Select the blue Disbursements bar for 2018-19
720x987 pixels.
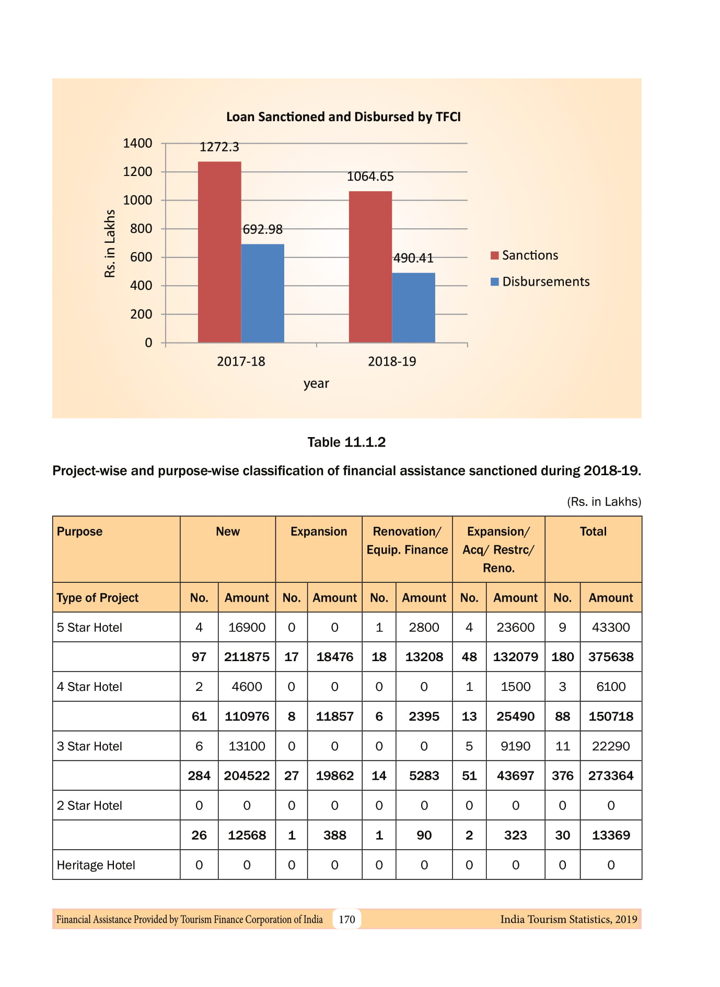(413, 308)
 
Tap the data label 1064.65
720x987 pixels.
(370, 177)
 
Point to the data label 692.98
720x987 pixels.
(263, 229)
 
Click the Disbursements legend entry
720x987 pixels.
(545, 282)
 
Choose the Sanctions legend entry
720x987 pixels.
(529, 255)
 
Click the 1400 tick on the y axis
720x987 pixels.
(137, 143)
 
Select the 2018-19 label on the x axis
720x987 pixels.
(392, 361)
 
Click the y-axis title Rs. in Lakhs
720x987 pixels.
(110, 243)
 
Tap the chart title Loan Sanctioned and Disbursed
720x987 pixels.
(343, 116)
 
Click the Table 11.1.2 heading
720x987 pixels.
(346, 442)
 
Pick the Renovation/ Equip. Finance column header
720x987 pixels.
(407, 540)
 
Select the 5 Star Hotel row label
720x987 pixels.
(89, 627)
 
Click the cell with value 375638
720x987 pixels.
(611, 657)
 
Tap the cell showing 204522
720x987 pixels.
(247, 775)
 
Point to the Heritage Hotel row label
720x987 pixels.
(96, 865)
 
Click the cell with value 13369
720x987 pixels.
(611, 835)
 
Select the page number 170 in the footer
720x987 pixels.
(347, 919)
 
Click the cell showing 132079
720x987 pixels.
(515, 657)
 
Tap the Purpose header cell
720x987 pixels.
(79, 532)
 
